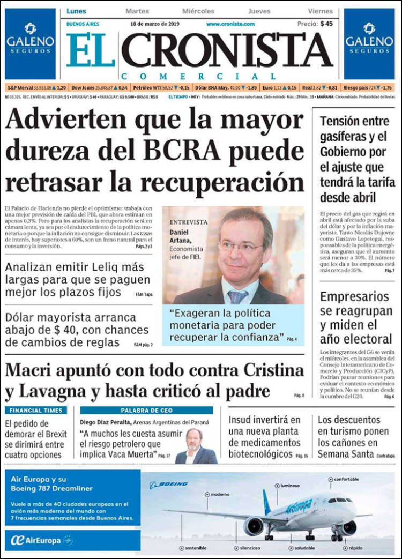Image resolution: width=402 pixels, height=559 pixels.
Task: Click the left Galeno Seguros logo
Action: pos(30,43)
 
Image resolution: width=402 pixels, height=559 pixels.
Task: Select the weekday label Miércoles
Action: pos(198,11)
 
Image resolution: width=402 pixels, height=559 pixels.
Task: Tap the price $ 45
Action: pos(326,24)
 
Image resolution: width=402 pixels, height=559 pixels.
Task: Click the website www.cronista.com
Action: pos(230,24)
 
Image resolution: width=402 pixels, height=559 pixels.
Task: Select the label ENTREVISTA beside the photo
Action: pos(188,222)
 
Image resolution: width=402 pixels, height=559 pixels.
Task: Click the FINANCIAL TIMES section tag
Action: pos(35,411)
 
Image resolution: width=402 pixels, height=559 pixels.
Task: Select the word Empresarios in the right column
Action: pos(354,296)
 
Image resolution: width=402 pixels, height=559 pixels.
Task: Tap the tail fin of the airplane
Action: pos(266,501)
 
